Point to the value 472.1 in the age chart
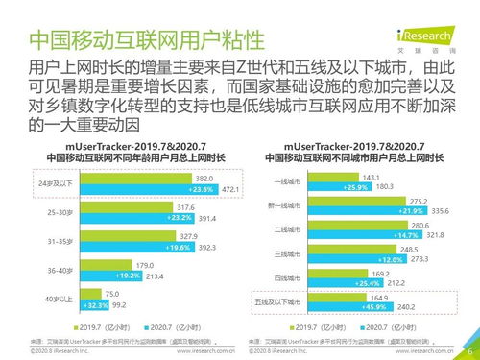pyautogui.click(x=229, y=190)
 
